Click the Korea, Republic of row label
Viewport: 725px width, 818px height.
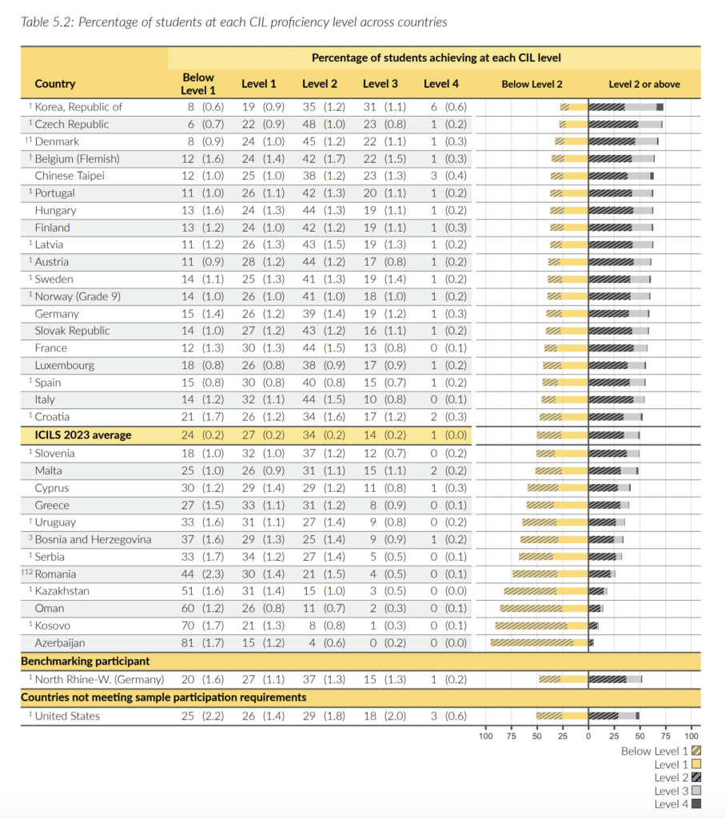(78, 107)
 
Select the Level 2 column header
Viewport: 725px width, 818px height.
(320, 84)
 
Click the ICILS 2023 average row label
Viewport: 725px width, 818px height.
(83, 435)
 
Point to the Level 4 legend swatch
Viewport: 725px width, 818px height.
(696, 804)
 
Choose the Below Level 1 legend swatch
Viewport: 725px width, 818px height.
(696, 751)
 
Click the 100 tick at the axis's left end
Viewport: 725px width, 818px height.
(485, 735)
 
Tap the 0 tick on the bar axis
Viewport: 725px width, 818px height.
(588, 735)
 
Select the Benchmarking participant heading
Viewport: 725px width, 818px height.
(86, 661)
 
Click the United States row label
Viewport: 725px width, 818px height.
(67, 716)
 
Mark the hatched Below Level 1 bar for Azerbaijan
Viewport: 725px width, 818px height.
(532, 642)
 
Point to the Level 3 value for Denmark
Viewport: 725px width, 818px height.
(380, 141)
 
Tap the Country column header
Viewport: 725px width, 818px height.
(55, 84)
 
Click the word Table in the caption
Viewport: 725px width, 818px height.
(37, 22)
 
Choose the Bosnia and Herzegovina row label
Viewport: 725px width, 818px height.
(93, 539)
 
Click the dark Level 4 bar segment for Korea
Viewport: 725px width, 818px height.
(660, 107)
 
